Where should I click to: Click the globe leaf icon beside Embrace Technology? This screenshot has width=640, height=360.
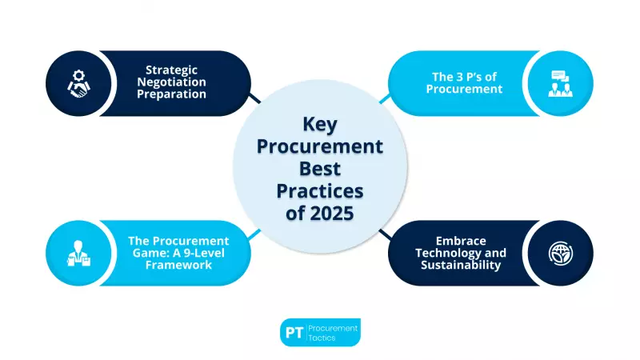(561, 253)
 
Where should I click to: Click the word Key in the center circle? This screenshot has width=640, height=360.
(319, 125)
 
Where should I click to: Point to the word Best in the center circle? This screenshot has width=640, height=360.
(320, 170)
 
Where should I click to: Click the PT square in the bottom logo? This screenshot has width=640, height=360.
(294, 332)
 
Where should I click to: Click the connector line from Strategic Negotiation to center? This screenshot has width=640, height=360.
(254, 98)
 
